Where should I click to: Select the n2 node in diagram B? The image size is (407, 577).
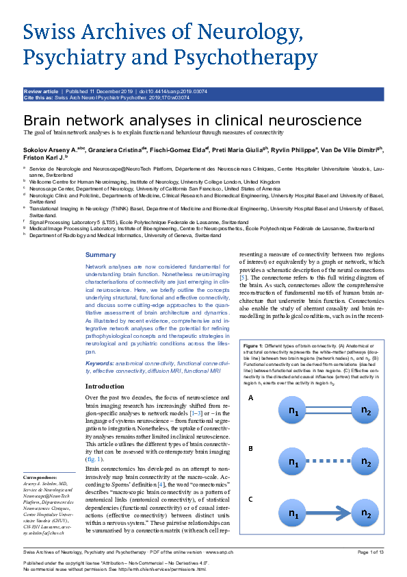pyautogui.click(x=366, y=463)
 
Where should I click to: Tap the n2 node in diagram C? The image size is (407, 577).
pyautogui.click(x=366, y=513)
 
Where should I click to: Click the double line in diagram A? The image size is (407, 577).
pyautogui.click(x=329, y=412)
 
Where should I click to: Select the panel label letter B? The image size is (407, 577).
pyautogui.click(x=251, y=449)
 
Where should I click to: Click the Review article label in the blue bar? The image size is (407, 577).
pyautogui.click(x=41, y=90)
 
